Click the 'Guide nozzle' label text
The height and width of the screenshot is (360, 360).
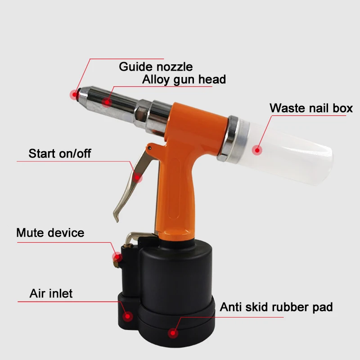click(156, 67)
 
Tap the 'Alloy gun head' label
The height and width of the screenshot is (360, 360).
click(184, 80)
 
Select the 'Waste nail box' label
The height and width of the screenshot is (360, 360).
click(311, 108)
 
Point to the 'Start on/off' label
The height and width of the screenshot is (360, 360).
click(60, 153)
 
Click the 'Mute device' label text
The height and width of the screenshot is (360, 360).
click(50, 233)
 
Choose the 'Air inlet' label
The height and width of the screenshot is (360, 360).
click(51, 293)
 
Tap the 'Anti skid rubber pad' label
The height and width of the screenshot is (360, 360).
click(276, 307)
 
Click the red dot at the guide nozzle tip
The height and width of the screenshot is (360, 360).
click(74, 94)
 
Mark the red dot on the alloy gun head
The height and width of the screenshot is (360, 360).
click(107, 102)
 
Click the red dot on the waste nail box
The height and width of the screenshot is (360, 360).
click(257, 150)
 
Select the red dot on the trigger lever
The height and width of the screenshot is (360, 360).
click(137, 177)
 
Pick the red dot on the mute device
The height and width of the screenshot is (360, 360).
click(117, 257)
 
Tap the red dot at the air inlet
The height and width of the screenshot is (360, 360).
click(128, 317)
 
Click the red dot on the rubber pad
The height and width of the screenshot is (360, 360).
click(173, 333)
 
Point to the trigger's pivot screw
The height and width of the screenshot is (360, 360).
click(150, 148)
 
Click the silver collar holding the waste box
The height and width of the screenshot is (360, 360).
click(232, 138)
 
